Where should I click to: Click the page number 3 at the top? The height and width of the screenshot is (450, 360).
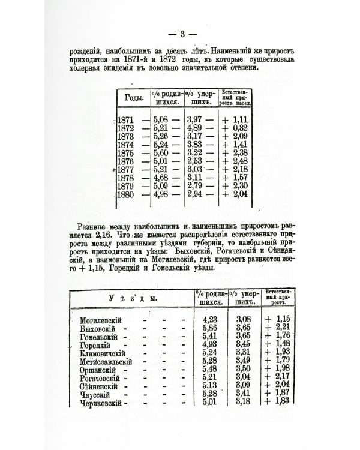point(180,33)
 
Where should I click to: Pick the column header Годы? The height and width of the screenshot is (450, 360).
point(134,98)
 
